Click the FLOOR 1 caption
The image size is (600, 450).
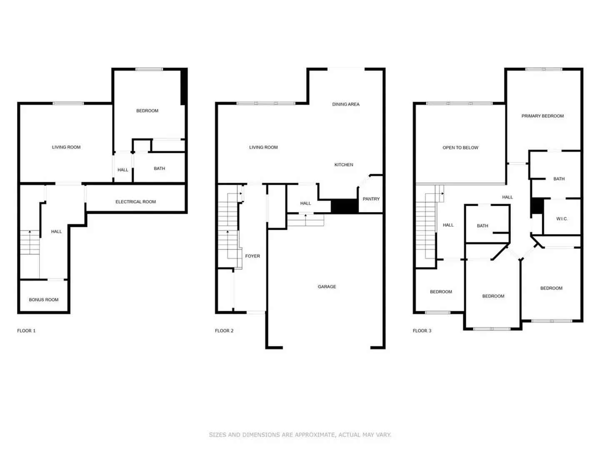26,331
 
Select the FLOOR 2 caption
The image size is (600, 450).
224,331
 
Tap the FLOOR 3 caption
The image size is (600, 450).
422,331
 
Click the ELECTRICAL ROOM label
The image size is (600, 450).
135,202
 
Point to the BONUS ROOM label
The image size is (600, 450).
44,300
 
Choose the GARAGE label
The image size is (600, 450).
327,287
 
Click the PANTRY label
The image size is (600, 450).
371,199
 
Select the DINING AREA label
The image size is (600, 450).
345,104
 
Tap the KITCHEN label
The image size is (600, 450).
344,165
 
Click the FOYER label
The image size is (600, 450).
252,256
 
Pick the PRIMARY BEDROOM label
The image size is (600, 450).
542,116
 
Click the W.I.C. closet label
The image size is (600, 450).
562,219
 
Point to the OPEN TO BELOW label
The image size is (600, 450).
460,147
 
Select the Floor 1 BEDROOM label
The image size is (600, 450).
147,111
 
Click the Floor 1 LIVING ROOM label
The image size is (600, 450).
66,147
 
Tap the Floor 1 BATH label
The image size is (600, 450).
159,169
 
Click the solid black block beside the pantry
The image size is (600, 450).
344,206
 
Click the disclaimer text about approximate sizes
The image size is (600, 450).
300,435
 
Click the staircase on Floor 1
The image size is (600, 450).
30,242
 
